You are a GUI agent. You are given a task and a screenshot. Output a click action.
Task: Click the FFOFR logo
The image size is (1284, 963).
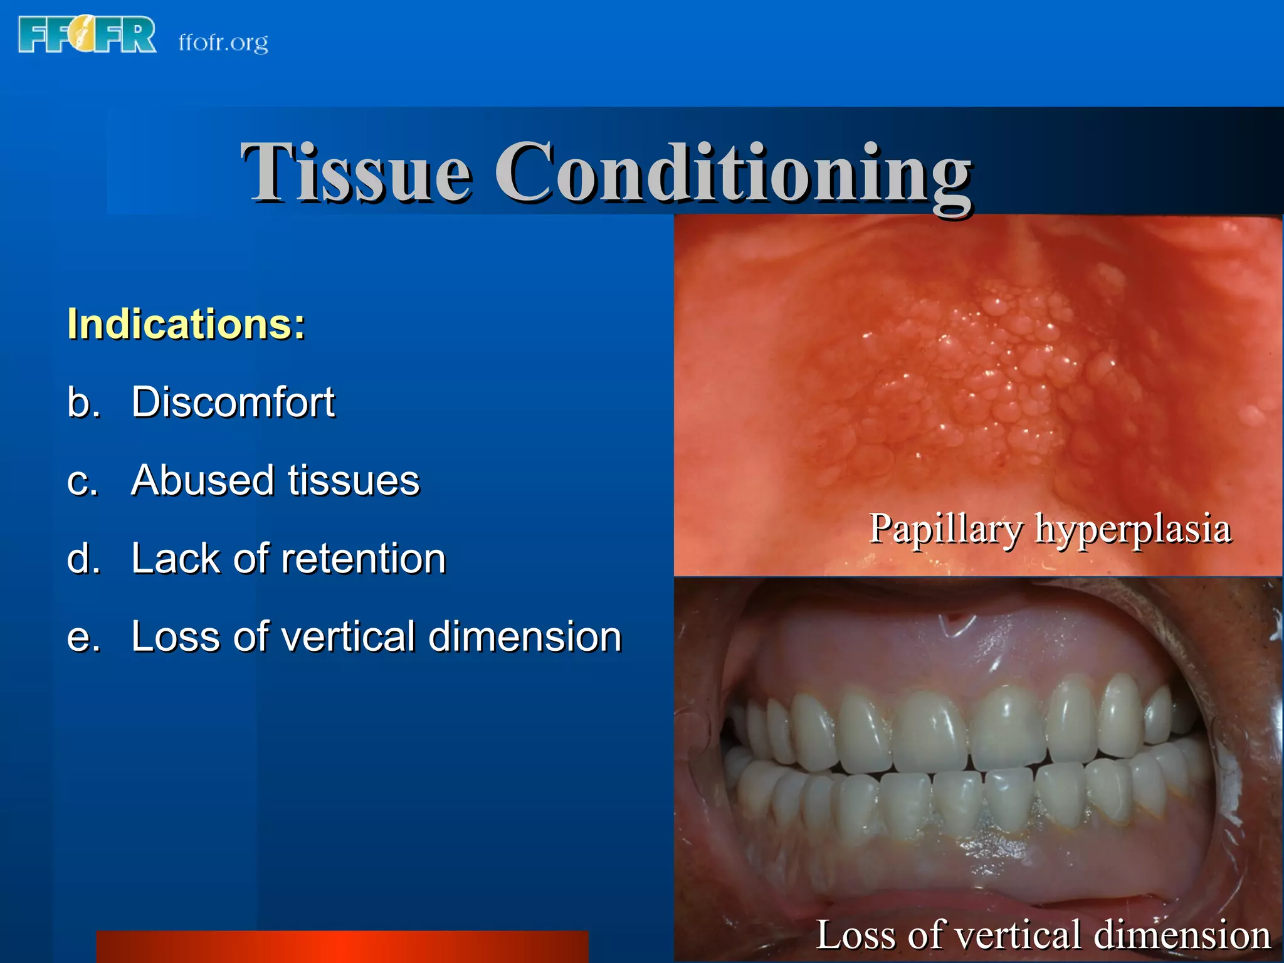pyautogui.click(x=87, y=35)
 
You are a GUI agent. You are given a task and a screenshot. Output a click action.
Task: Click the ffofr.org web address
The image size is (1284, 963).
pyautogui.click(x=223, y=43)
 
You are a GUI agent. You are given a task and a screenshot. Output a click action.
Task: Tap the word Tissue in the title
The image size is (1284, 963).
pyautogui.click(x=355, y=172)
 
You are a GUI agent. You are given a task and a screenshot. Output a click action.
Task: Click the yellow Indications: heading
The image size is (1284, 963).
pyautogui.click(x=186, y=324)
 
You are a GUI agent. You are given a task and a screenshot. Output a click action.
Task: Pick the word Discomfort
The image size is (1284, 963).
pyautogui.click(x=233, y=402)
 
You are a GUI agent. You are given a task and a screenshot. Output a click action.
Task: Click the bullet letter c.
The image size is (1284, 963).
pyautogui.click(x=82, y=481)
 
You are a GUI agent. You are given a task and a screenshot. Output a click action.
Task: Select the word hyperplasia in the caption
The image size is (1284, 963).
pyautogui.click(x=1132, y=529)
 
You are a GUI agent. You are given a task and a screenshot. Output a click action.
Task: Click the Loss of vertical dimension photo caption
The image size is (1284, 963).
pyautogui.click(x=1043, y=935)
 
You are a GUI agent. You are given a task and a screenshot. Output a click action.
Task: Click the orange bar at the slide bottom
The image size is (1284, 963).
pyautogui.click(x=342, y=947)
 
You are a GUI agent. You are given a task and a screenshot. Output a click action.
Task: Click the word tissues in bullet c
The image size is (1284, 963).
pyautogui.click(x=354, y=480)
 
